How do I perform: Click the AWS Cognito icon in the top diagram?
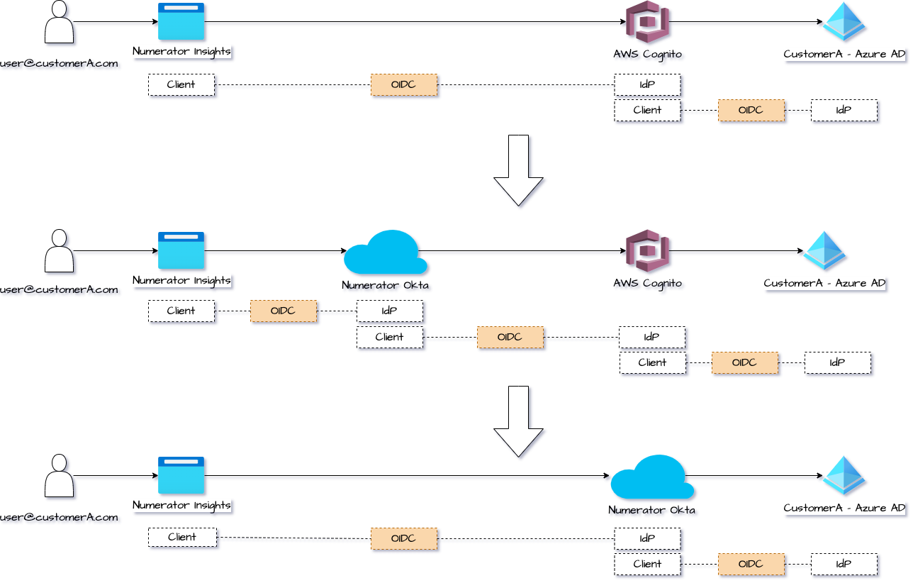click(x=649, y=23)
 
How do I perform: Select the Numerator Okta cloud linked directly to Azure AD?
click(x=651, y=478)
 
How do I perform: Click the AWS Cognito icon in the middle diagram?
click(x=649, y=252)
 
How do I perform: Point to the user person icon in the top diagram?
click(x=60, y=23)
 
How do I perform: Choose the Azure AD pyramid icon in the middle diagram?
click(x=825, y=252)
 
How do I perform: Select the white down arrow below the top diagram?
click(x=520, y=171)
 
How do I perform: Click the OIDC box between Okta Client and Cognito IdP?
click(x=510, y=338)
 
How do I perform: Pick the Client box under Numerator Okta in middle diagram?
click(x=389, y=338)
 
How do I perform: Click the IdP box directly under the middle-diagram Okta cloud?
click(x=389, y=311)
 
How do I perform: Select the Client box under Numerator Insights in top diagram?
click(x=181, y=85)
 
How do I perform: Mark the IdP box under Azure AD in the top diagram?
click(x=844, y=111)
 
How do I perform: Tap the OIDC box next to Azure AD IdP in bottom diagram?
click(x=751, y=565)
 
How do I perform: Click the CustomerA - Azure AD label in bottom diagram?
click(x=844, y=509)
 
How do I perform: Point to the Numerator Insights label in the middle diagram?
click(x=182, y=281)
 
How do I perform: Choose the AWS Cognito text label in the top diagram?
click(x=649, y=55)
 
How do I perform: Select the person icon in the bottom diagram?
click(x=60, y=477)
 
